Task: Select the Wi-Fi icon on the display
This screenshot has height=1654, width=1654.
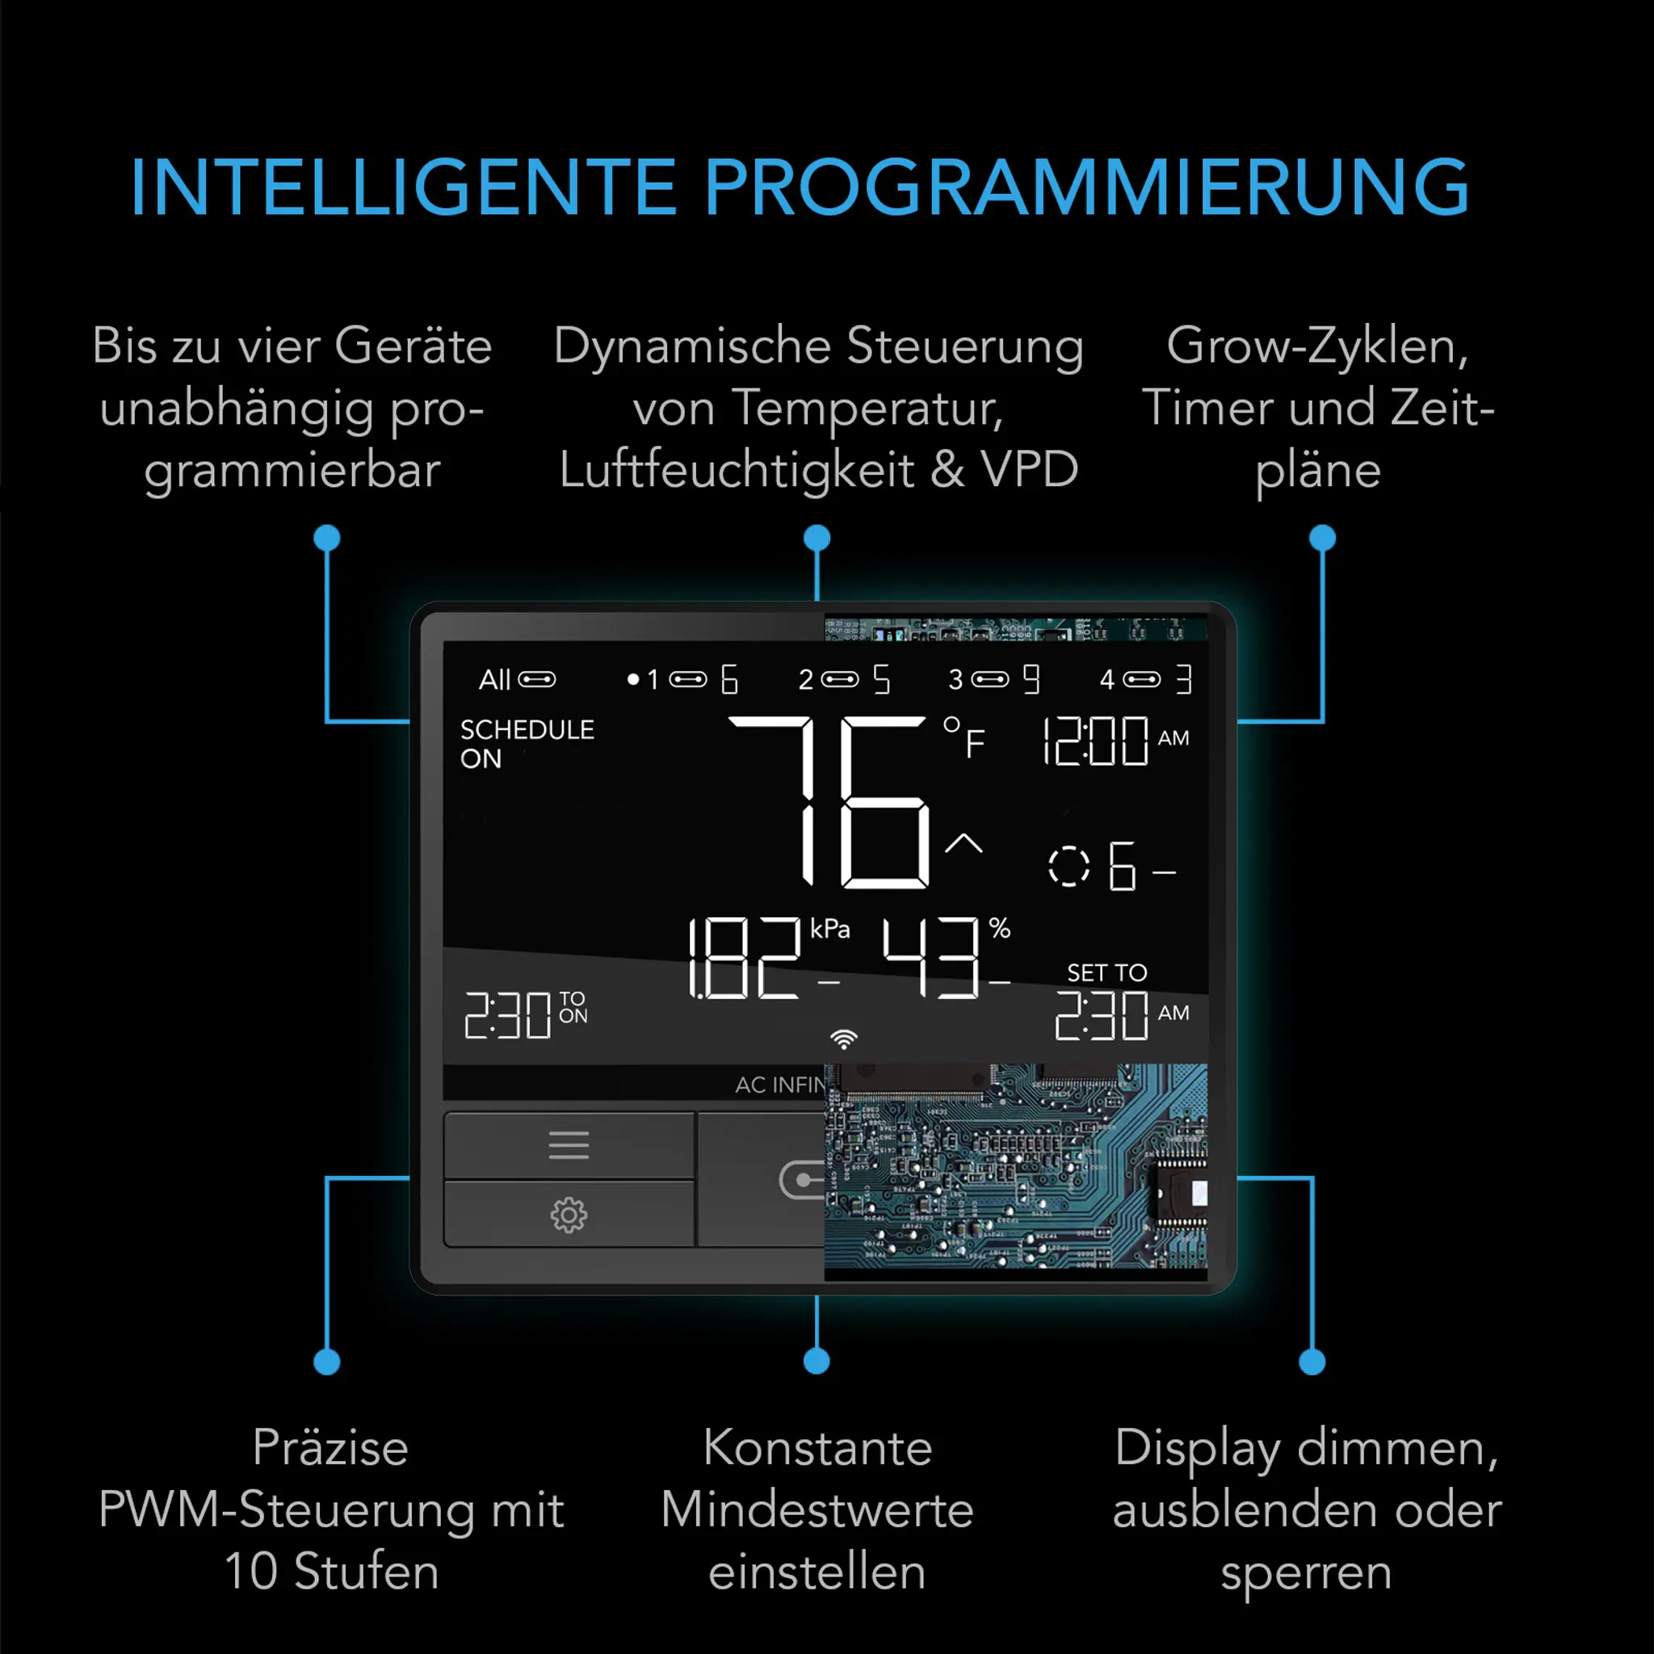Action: (843, 1039)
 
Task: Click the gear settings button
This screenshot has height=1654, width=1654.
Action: (569, 1214)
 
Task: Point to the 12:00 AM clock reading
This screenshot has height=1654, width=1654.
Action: (1113, 741)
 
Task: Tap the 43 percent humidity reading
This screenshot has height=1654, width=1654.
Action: (933, 957)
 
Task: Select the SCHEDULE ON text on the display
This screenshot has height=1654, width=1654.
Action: (526, 743)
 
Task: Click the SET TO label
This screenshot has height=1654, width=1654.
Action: (1106, 972)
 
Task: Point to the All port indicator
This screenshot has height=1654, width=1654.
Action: (516, 680)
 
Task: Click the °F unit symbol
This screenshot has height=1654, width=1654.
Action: (964, 738)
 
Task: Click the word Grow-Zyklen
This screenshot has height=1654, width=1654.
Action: (1316, 346)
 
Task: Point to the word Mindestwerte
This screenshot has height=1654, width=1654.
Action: (817, 1509)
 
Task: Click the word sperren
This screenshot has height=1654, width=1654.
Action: (1306, 1572)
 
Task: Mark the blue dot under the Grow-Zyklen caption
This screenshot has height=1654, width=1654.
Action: (1322, 538)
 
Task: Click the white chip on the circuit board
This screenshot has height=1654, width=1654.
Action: (1199, 1193)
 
